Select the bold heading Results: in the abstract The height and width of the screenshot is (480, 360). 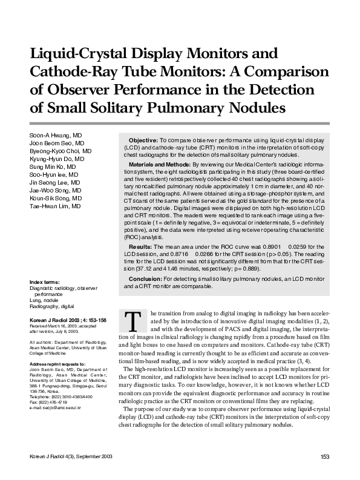click(x=141, y=248)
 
